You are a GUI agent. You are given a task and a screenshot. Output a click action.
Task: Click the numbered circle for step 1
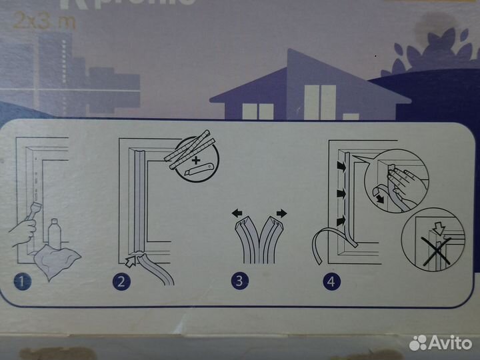[x=24, y=282]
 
